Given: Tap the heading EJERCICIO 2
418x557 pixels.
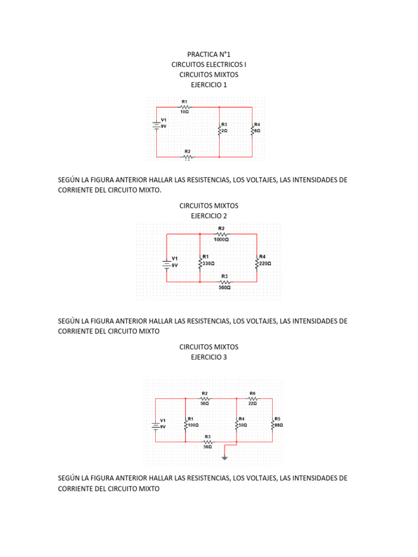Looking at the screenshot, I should click(208, 216).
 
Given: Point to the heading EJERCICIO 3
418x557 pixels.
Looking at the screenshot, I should click(208, 357).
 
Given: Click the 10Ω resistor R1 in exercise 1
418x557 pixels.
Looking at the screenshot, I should click(185, 107).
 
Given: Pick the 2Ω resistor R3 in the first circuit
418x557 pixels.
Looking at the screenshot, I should click(219, 131).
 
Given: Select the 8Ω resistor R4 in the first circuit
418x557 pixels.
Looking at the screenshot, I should click(253, 131).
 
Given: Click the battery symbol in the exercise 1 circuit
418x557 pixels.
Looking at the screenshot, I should click(157, 125).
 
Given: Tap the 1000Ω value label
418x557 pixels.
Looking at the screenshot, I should click(221, 239).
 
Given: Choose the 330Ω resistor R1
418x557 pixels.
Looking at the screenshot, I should click(200, 263).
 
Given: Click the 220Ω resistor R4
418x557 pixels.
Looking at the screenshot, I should click(256, 263).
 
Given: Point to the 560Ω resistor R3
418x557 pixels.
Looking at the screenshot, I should click(224, 282).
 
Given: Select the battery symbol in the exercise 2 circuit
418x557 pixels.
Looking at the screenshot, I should click(166, 263).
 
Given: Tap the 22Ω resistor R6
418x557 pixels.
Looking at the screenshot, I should click(252, 398).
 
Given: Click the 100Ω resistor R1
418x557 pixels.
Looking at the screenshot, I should click(186, 424).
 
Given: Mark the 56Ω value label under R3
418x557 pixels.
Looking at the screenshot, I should click(208, 447).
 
